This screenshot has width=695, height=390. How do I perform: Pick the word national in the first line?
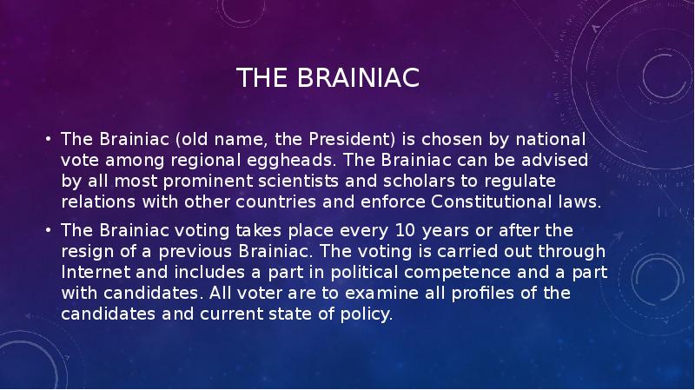coord(553,139)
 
